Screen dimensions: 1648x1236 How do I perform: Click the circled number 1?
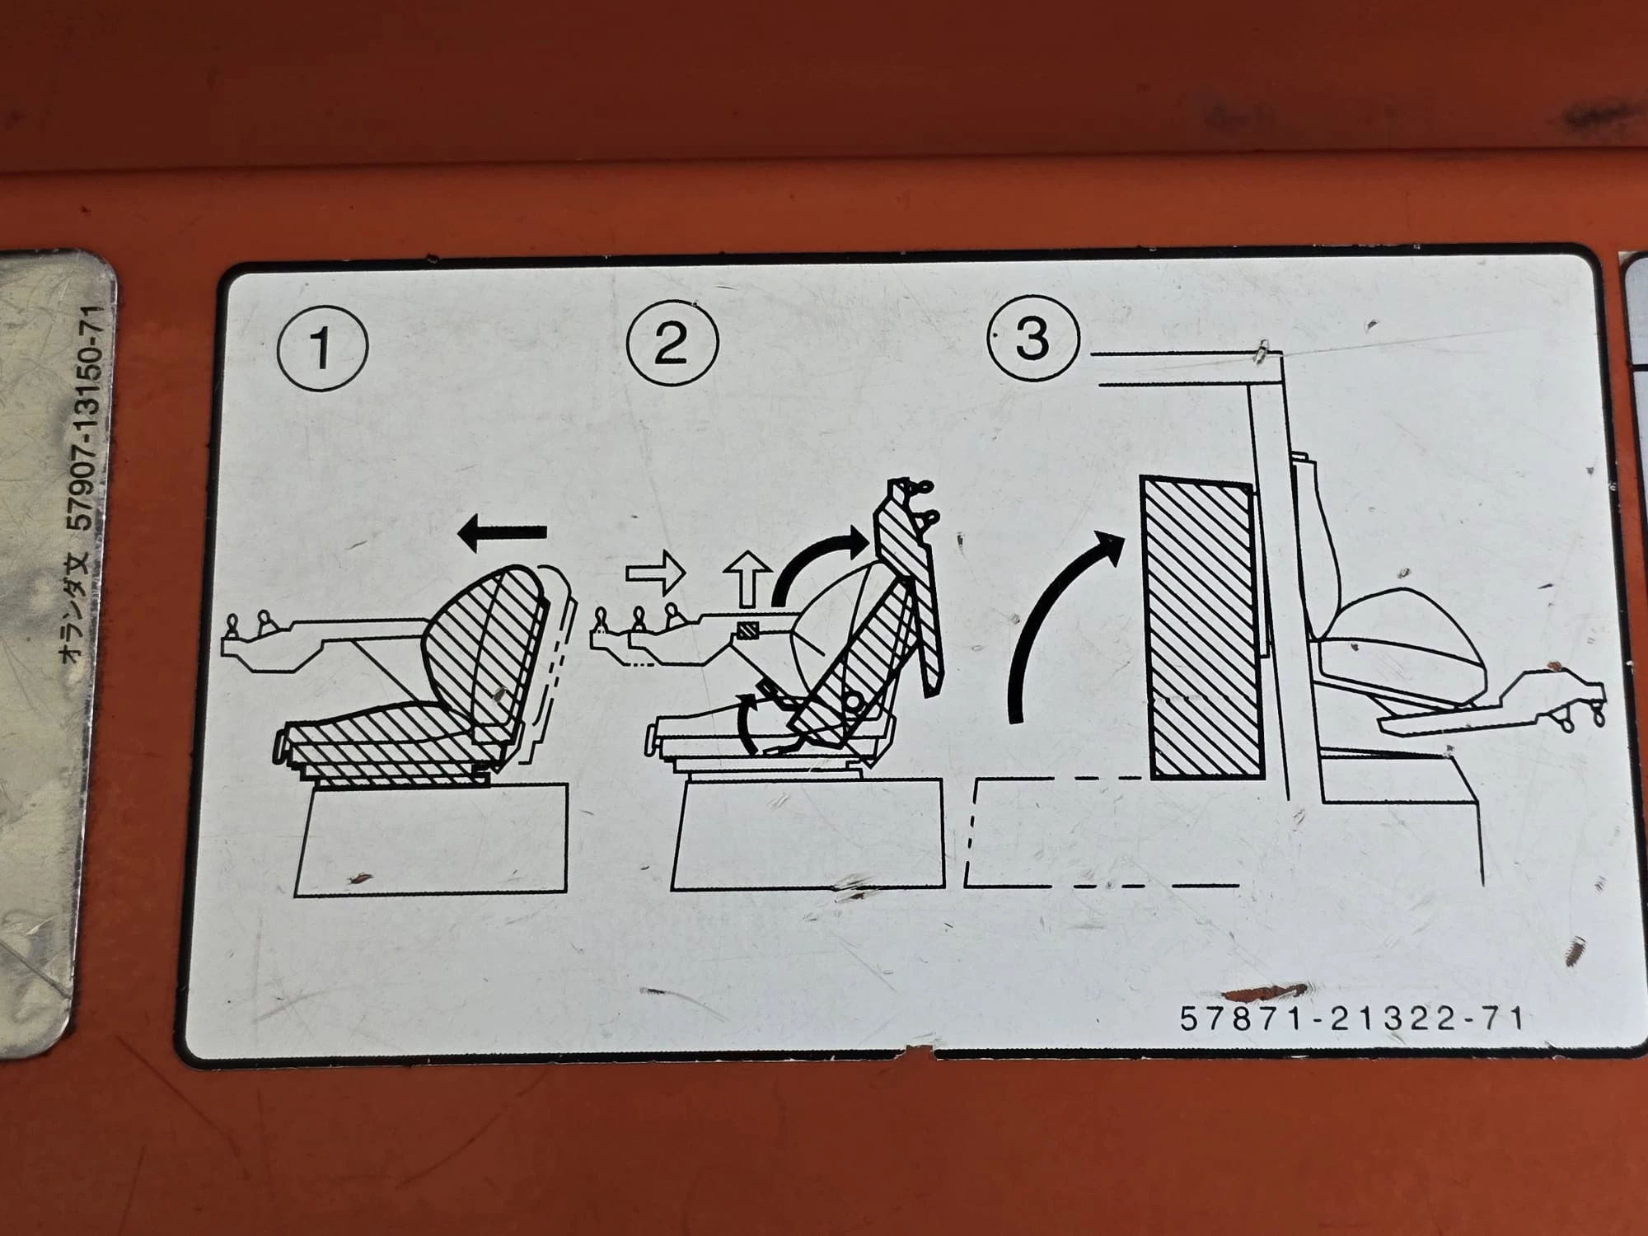(x=322, y=347)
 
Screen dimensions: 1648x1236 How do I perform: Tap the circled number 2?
(x=672, y=341)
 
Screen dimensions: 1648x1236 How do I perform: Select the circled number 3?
(x=1033, y=337)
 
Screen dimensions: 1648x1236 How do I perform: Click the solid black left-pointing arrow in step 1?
(x=503, y=533)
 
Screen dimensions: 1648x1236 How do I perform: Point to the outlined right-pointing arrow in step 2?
(x=656, y=572)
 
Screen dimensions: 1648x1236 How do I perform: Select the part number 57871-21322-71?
(x=1352, y=1018)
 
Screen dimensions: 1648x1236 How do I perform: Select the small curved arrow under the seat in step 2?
(x=746, y=721)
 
